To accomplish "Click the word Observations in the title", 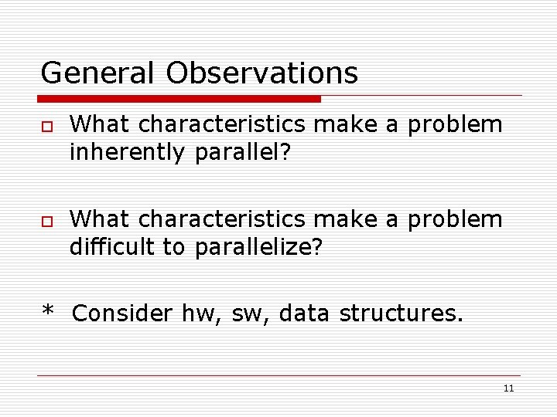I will pyautogui.click(x=261, y=73).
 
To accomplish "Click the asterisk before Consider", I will pyautogui.click(x=48, y=312).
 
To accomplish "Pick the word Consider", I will pyautogui.click(x=122, y=314).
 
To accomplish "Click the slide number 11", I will pyautogui.click(x=508, y=388).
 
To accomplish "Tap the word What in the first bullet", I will pyautogui.click(x=100, y=124).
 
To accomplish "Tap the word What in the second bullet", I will pyautogui.click(x=100, y=219).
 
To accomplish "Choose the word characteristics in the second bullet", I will pyautogui.click(x=222, y=219).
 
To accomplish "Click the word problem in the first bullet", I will pyautogui.click(x=456, y=125).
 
